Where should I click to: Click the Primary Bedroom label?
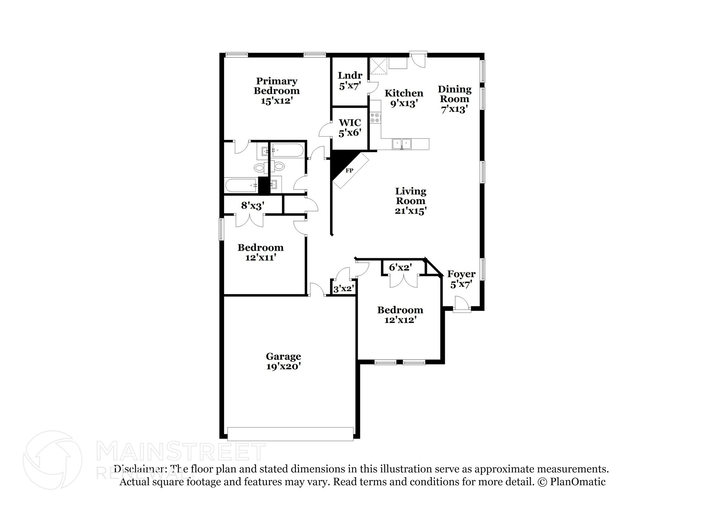pos(276,86)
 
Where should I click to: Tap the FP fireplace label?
pos(349,171)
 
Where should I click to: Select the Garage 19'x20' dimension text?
pos(283,367)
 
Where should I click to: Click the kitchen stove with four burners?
pos(376,118)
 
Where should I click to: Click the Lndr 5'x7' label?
pos(350,80)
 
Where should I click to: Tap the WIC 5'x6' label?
pos(350,128)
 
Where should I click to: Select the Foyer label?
pos(461,274)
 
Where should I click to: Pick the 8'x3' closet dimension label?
pos(253,206)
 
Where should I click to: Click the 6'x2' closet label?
pos(400,267)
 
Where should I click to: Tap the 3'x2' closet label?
pos(343,289)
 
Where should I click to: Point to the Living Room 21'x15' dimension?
pos(410,211)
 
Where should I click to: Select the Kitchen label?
pos(404,93)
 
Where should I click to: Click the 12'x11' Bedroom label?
pos(260,252)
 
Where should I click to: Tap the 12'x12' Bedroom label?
pos(400,315)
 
